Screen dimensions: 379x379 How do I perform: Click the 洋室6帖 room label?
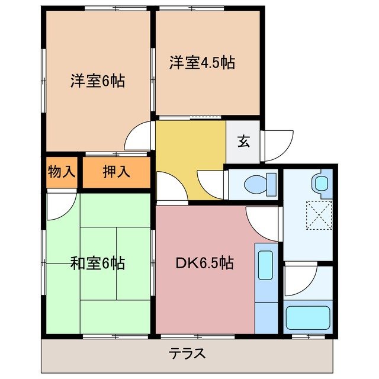pyautogui.click(x=98, y=82)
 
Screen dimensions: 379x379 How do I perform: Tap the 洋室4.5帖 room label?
pyautogui.click(x=202, y=63)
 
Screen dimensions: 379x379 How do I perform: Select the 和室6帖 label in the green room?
pyautogui.click(x=98, y=263)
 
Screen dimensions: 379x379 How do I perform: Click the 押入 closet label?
pyautogui.click(x=116, y=172)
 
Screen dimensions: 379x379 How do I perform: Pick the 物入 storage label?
pyautogui.click(x=62, y=172)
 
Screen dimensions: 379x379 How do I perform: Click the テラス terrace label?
pyautogui.click(x=188, y=354)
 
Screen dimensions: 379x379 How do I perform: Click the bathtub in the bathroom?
pyautogui.click(x=307, y=318)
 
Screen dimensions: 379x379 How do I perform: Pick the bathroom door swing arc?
pyautogui.click(x=298, y=281)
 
